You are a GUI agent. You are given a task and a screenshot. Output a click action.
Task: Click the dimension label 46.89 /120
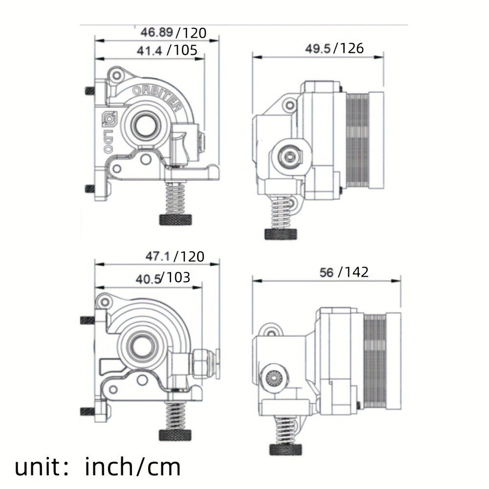pyautogui.click(x=173, y=33)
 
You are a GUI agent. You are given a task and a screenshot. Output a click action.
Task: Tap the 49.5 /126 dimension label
pyautogui.click(x=334, y=48)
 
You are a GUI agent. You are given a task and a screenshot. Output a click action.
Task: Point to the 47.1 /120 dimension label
pyautogui.click(x=175, y=257)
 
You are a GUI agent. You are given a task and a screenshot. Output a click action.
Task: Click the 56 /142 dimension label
pyautogui.click(x=344, y=272)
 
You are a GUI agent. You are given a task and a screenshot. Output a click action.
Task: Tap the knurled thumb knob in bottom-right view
pyautogui.click(x=285, y=449)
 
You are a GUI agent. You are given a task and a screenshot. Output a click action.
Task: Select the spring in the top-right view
pyautogui.click(x=281, y=213)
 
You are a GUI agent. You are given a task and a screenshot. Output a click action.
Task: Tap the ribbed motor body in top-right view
pyautogui.click(x=358, y=141)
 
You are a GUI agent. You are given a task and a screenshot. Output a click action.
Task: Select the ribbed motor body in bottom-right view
pyautogui.click(x=376, y=362)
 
